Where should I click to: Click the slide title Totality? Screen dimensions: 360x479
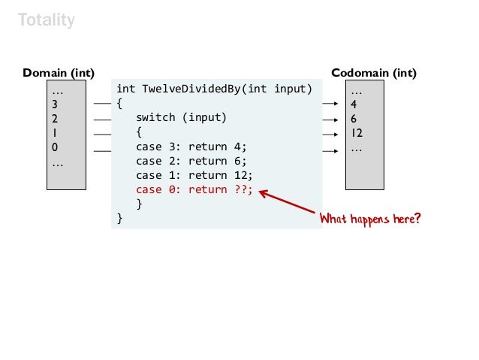click(47, 20)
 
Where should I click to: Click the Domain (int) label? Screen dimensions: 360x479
click(59, 73)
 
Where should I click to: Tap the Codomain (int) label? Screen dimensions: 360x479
click(374, 73)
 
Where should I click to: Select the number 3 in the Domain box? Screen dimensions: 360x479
click(54, 104)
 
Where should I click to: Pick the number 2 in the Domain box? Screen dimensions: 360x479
click(54, 118)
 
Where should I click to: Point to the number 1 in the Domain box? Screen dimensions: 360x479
click(54, 133)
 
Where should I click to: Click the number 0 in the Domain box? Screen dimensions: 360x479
click(54, 147)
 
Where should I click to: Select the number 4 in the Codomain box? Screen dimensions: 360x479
click(354, 104)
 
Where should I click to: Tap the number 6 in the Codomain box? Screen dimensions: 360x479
click(354, 118)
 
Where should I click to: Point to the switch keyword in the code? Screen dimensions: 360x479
click(156, 118)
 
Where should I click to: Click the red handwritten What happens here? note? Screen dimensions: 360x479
click(370, 219)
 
